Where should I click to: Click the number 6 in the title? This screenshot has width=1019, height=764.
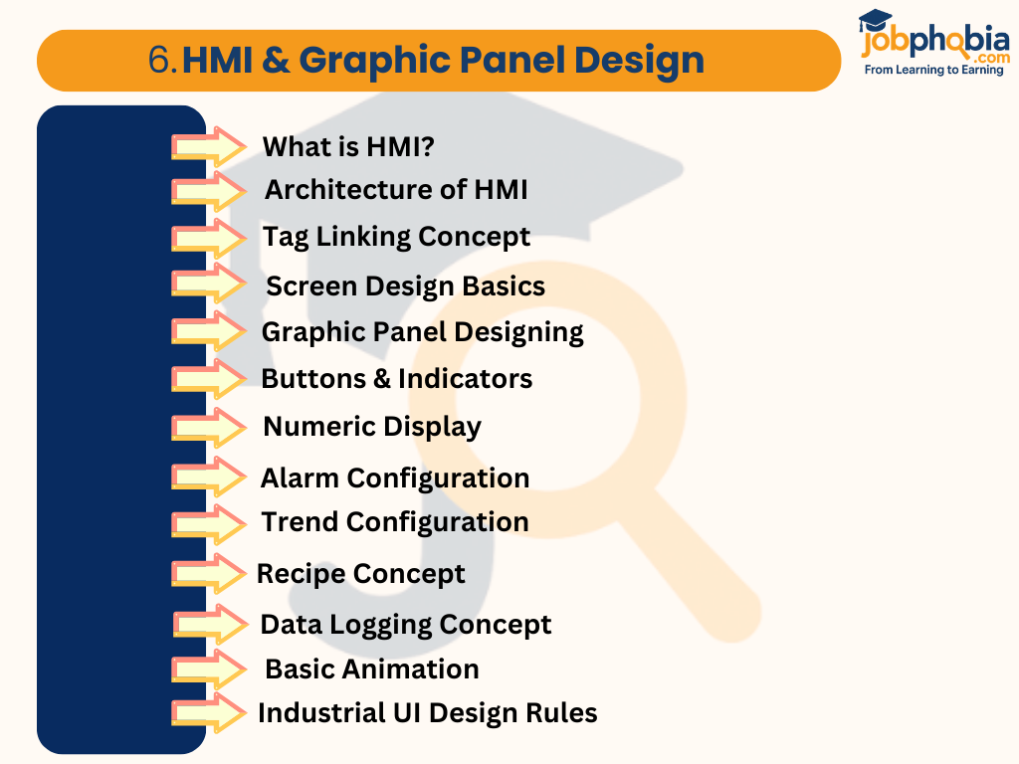[x=160, y=61]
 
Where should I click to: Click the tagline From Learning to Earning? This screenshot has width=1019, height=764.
[x=933, y=71]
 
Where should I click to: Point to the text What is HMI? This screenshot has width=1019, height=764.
[x=348, y=147]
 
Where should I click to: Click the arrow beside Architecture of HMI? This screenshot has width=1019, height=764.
[x=209, y=190]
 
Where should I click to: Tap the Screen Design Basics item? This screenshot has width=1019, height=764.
[x=405, y=286]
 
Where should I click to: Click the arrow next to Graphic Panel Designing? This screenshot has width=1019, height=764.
[x=209, y=332]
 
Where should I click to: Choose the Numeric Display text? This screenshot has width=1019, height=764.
[x=372, y=427]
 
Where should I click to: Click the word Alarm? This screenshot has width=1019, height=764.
[x=300, y=478]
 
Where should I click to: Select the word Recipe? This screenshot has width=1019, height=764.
[x=302, y=575]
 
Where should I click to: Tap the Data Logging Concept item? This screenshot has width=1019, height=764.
[x=405, y=625]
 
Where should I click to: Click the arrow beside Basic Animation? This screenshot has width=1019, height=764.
[x=209, y=669]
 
